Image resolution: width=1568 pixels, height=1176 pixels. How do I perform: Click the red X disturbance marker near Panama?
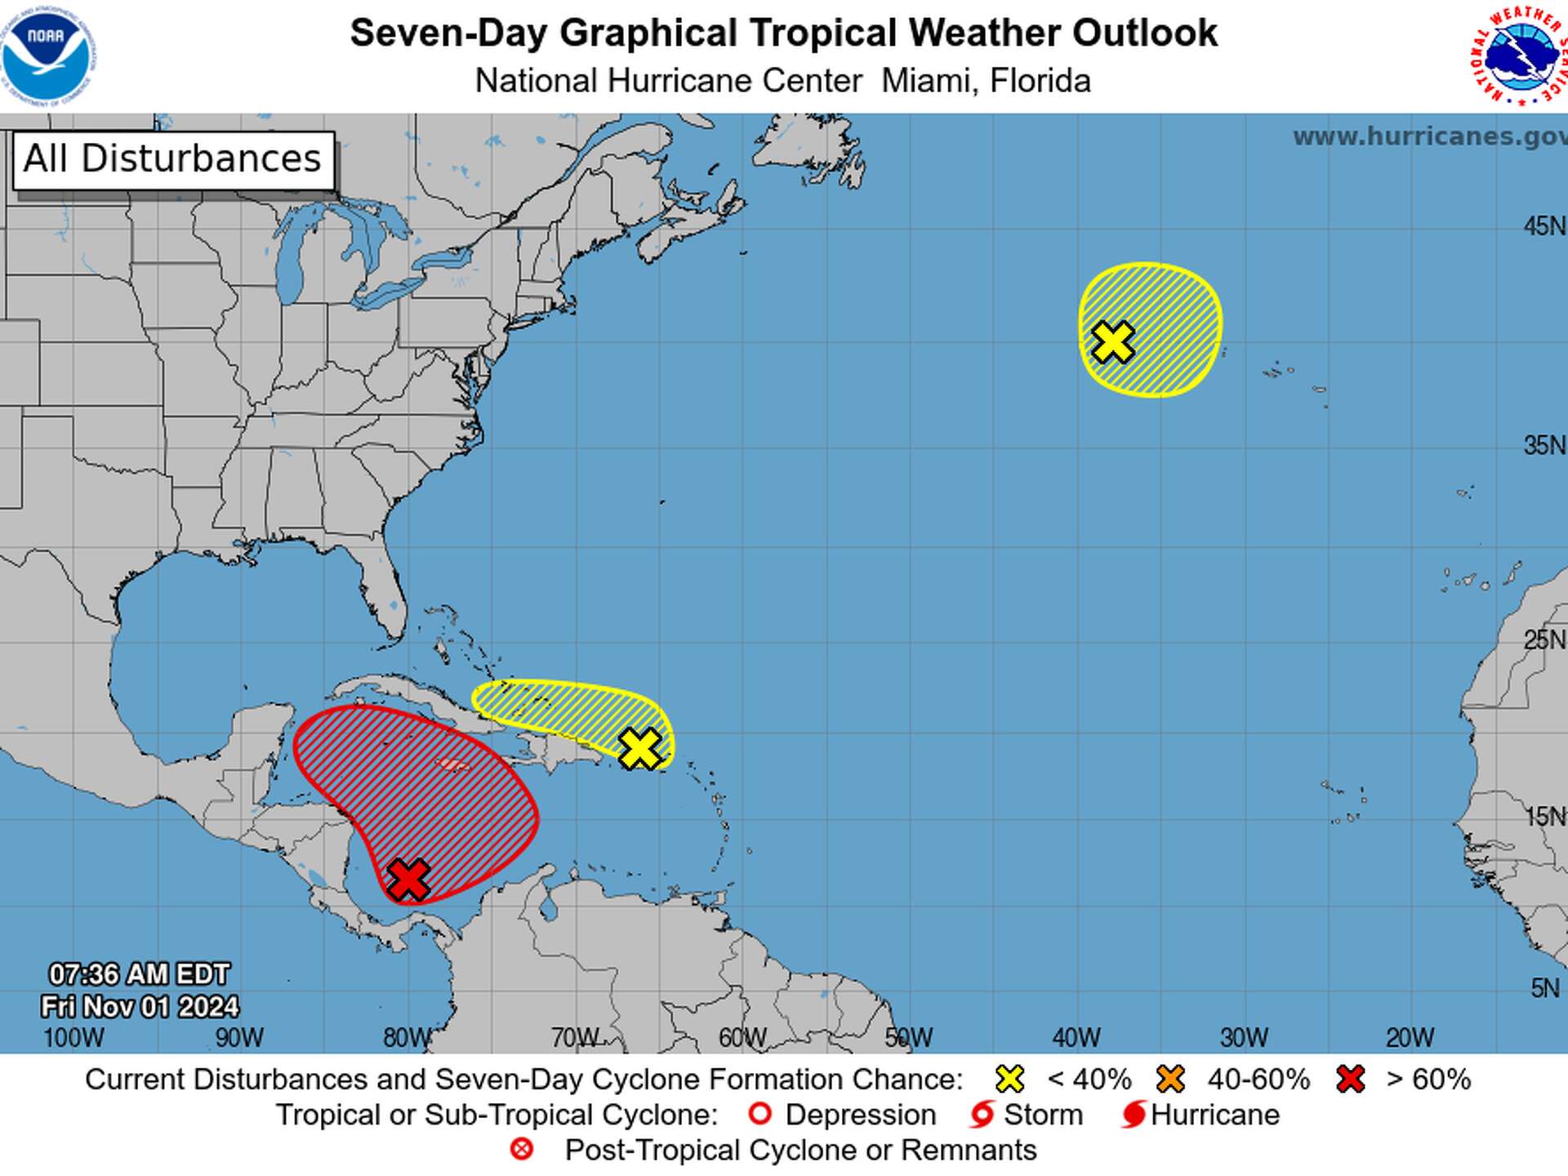click(x=408, y=879)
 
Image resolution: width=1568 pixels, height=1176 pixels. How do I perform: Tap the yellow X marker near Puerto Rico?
click(x=639, y=748)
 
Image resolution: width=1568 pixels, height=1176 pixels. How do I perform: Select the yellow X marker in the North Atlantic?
click(x=1112, y=341)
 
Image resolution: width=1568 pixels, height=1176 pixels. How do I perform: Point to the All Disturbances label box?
click(x=173, y=160)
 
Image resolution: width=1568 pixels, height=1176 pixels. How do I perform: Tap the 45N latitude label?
click(x=1543, y=226)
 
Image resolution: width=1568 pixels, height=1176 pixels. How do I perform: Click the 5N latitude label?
click(x=1545, y=988)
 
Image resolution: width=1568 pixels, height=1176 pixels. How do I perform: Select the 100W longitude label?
click(x=73, y=1037)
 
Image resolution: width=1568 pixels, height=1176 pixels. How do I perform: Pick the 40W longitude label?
click(x=1076, y=1037)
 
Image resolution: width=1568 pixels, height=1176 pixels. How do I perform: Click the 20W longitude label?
click(x=1410, y=1037)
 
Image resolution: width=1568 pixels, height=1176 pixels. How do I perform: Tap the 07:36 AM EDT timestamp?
click(x=139, y=974)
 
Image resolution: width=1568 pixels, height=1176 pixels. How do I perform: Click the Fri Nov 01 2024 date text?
click(x=140, y=1006)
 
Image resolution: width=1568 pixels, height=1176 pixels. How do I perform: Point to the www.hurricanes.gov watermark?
click(x=1429, y=136)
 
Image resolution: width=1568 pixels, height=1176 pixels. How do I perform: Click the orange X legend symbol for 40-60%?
click(x=1170, y=1079)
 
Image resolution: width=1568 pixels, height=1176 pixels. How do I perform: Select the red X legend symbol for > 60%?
click(x=1351, y=1079)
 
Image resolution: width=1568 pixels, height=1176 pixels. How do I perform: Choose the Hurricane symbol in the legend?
click(x=1134, y=1114)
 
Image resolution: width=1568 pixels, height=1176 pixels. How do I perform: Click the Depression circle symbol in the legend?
click(x=759, y=1114)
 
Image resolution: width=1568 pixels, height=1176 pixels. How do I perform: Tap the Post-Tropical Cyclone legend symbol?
click(x=522, y=1149)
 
